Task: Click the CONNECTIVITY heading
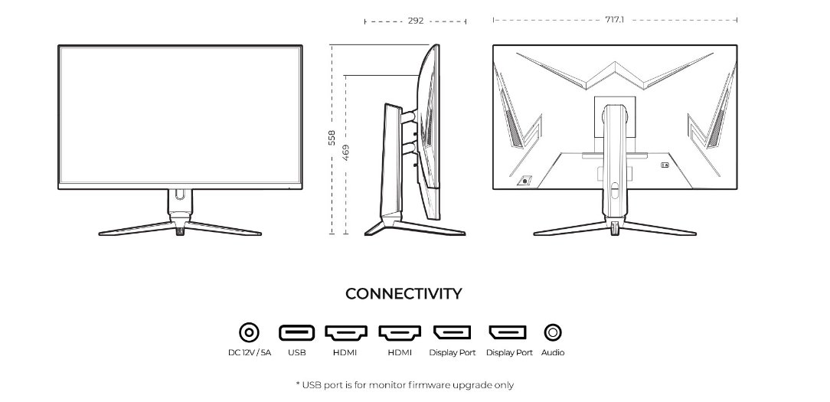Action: coord(404,294)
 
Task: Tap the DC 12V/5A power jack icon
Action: coord(249,332)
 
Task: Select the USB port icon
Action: coord(296,332)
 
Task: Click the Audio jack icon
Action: coord(553,332)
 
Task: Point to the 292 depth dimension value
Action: coord(415,21)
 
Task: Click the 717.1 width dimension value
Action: coord(614,19)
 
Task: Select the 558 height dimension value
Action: coord(332,137)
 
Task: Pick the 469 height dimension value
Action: coord(346,152)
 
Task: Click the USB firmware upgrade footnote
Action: coord(404,385)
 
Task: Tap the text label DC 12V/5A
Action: coord(250,353)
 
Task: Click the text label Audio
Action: coord(553,353)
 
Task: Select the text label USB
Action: coord(297,353)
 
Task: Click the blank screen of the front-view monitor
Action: coord(180,115)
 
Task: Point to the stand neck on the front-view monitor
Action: coord(180,204)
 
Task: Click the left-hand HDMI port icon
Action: coord(345,332)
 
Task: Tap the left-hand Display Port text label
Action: coord(452,353)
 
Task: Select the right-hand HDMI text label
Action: coord(400,353)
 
